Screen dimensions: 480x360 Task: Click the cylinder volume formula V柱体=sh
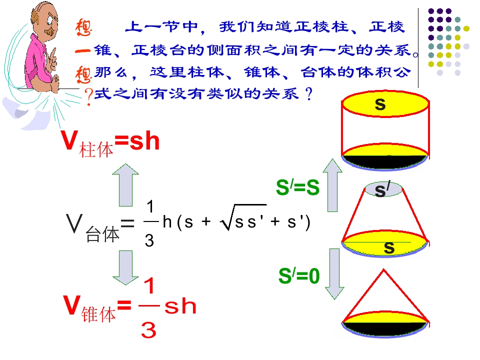point(110,143)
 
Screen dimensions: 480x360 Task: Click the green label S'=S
point(297,187)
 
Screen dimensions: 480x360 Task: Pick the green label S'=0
point(299,275)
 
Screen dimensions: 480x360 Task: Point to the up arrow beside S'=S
point(332,185)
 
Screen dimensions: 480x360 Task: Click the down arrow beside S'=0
point(334,274)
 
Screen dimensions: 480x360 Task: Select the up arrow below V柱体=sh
point(125,184)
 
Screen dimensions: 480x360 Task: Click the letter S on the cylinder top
point(380,104)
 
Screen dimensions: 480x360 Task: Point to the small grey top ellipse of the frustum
point(383,189)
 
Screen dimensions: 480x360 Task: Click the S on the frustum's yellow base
point(389,247)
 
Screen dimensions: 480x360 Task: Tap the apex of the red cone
point(383,269)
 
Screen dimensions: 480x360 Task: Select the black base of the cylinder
point(384,161)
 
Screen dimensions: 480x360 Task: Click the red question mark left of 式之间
point(88,96)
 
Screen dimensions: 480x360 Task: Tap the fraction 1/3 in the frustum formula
point(150,223)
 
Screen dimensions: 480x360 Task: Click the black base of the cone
point(385,328)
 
